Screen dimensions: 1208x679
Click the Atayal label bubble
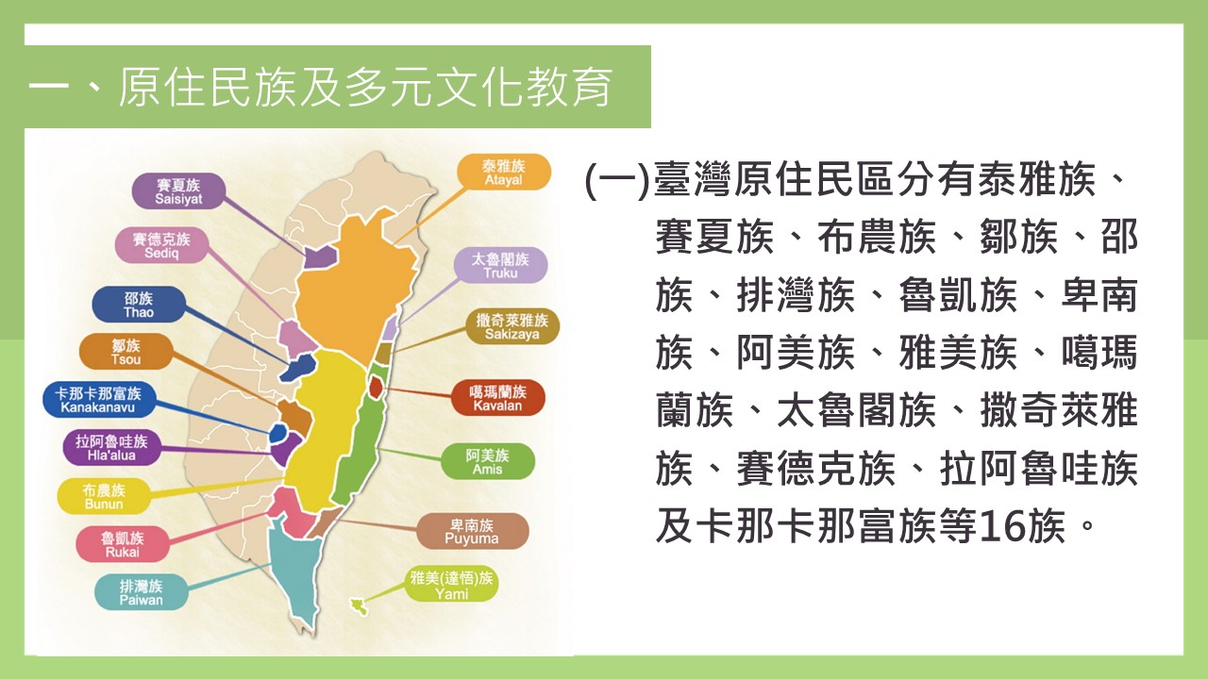[x=504, y=172]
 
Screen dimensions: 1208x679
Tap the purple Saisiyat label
[x=178, y=191]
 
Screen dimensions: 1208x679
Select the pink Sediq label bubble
[x=161, y=245]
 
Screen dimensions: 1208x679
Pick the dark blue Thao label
[x=139, y=305]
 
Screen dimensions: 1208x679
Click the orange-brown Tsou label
[x=126, y=352]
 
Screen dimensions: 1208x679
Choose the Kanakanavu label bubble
[x=99, y=400]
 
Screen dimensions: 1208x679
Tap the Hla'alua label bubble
[x=111, y=448]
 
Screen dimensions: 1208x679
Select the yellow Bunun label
[x=104, y=496]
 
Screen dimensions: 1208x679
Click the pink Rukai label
[x=123, y=544]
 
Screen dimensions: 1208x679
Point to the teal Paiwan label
[x=142, y=592]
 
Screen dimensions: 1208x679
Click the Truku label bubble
[x=500, y=266]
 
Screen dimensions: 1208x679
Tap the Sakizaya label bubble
[x=512, y=326]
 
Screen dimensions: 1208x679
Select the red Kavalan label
[x=497, y=398]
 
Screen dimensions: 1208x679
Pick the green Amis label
[x=488, y=462]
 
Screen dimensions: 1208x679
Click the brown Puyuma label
[x=472, y=531]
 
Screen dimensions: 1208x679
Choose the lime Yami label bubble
[x=451, y=586]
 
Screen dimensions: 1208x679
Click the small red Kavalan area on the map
[x=376, y=386]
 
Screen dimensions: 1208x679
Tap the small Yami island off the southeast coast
[x=359, y=606]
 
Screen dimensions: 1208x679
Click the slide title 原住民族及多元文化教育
[x=365, y=88]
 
